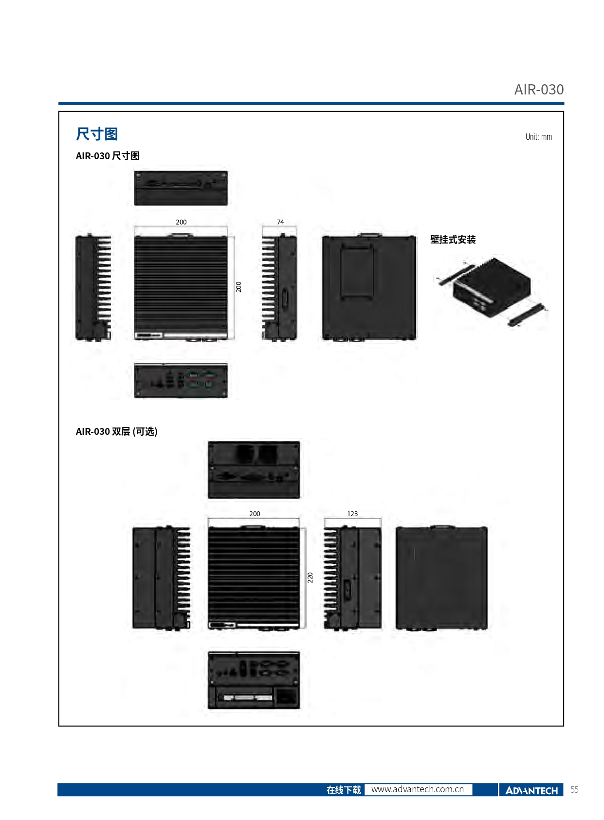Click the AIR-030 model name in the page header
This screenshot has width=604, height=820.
point(538,90)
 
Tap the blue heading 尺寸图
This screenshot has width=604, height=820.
point(96,134)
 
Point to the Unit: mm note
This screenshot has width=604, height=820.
point(538,137)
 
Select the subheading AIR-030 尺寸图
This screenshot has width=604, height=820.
point(108,156)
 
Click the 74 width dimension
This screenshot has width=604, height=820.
point(280,222)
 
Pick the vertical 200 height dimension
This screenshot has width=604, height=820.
point(238,287)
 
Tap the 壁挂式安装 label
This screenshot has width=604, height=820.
point(453,240)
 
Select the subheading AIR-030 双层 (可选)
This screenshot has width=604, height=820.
point(116,431)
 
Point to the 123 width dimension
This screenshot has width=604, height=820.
point(352,514)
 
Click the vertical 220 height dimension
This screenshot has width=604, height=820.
point(310,578)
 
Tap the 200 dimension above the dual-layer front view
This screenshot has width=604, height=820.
point(255,514)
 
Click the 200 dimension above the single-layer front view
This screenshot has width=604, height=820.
point(181,222)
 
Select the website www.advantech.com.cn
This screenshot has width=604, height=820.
point(418,789)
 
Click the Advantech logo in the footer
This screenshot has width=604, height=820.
point(531,790)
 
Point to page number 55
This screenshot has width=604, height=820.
point(574,790)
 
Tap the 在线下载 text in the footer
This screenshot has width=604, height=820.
point(344,790)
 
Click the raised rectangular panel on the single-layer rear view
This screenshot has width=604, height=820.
point(357,272)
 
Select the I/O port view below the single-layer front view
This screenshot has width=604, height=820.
point(181,380)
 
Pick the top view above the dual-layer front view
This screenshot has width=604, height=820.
point(254,470)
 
